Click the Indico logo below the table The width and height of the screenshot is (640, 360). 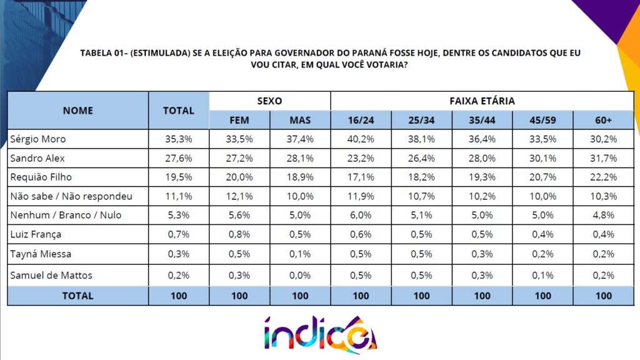(x=321, y=334)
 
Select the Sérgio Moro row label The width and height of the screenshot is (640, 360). (x=38, y=139)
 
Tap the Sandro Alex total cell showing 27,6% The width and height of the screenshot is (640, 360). (x=178, y=158)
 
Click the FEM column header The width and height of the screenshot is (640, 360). (x=239, y=121)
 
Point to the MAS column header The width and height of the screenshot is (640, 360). (x=300, y=121)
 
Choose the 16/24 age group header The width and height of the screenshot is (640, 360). (x=361, y=121)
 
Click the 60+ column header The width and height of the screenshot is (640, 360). (x=603, y=121)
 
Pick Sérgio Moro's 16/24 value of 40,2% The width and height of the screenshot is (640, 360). (x=361, y=139)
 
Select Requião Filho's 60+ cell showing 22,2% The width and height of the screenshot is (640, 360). (x=603, y=177)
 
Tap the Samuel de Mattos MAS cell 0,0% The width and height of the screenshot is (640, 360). (x=300, y=276)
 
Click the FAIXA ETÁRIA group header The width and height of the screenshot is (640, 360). (x=482, y=101)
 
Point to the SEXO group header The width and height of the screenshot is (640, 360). (x=269, y=101)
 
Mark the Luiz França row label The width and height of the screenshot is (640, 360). (x=36, y=235)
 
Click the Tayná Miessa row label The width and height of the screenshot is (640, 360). (x=41, y=254)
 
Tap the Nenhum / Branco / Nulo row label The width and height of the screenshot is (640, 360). (x=66, y=215)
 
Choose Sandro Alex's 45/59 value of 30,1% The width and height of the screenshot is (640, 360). (x=542, y=158)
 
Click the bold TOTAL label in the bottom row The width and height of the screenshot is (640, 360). (x=77, y=296)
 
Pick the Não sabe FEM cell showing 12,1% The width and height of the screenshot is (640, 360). (x=239, y=196)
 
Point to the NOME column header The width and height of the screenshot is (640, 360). (x=77, y=111)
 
